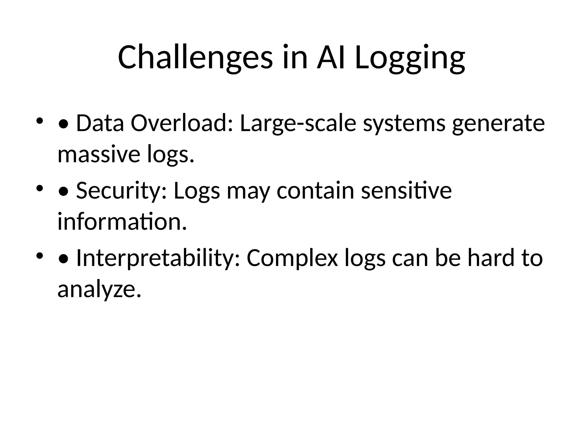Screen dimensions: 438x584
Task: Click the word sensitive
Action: click(406, 190)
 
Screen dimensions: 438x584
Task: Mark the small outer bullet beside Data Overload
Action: click(39, 120)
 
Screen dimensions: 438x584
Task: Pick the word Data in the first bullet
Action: click(100, 123)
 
